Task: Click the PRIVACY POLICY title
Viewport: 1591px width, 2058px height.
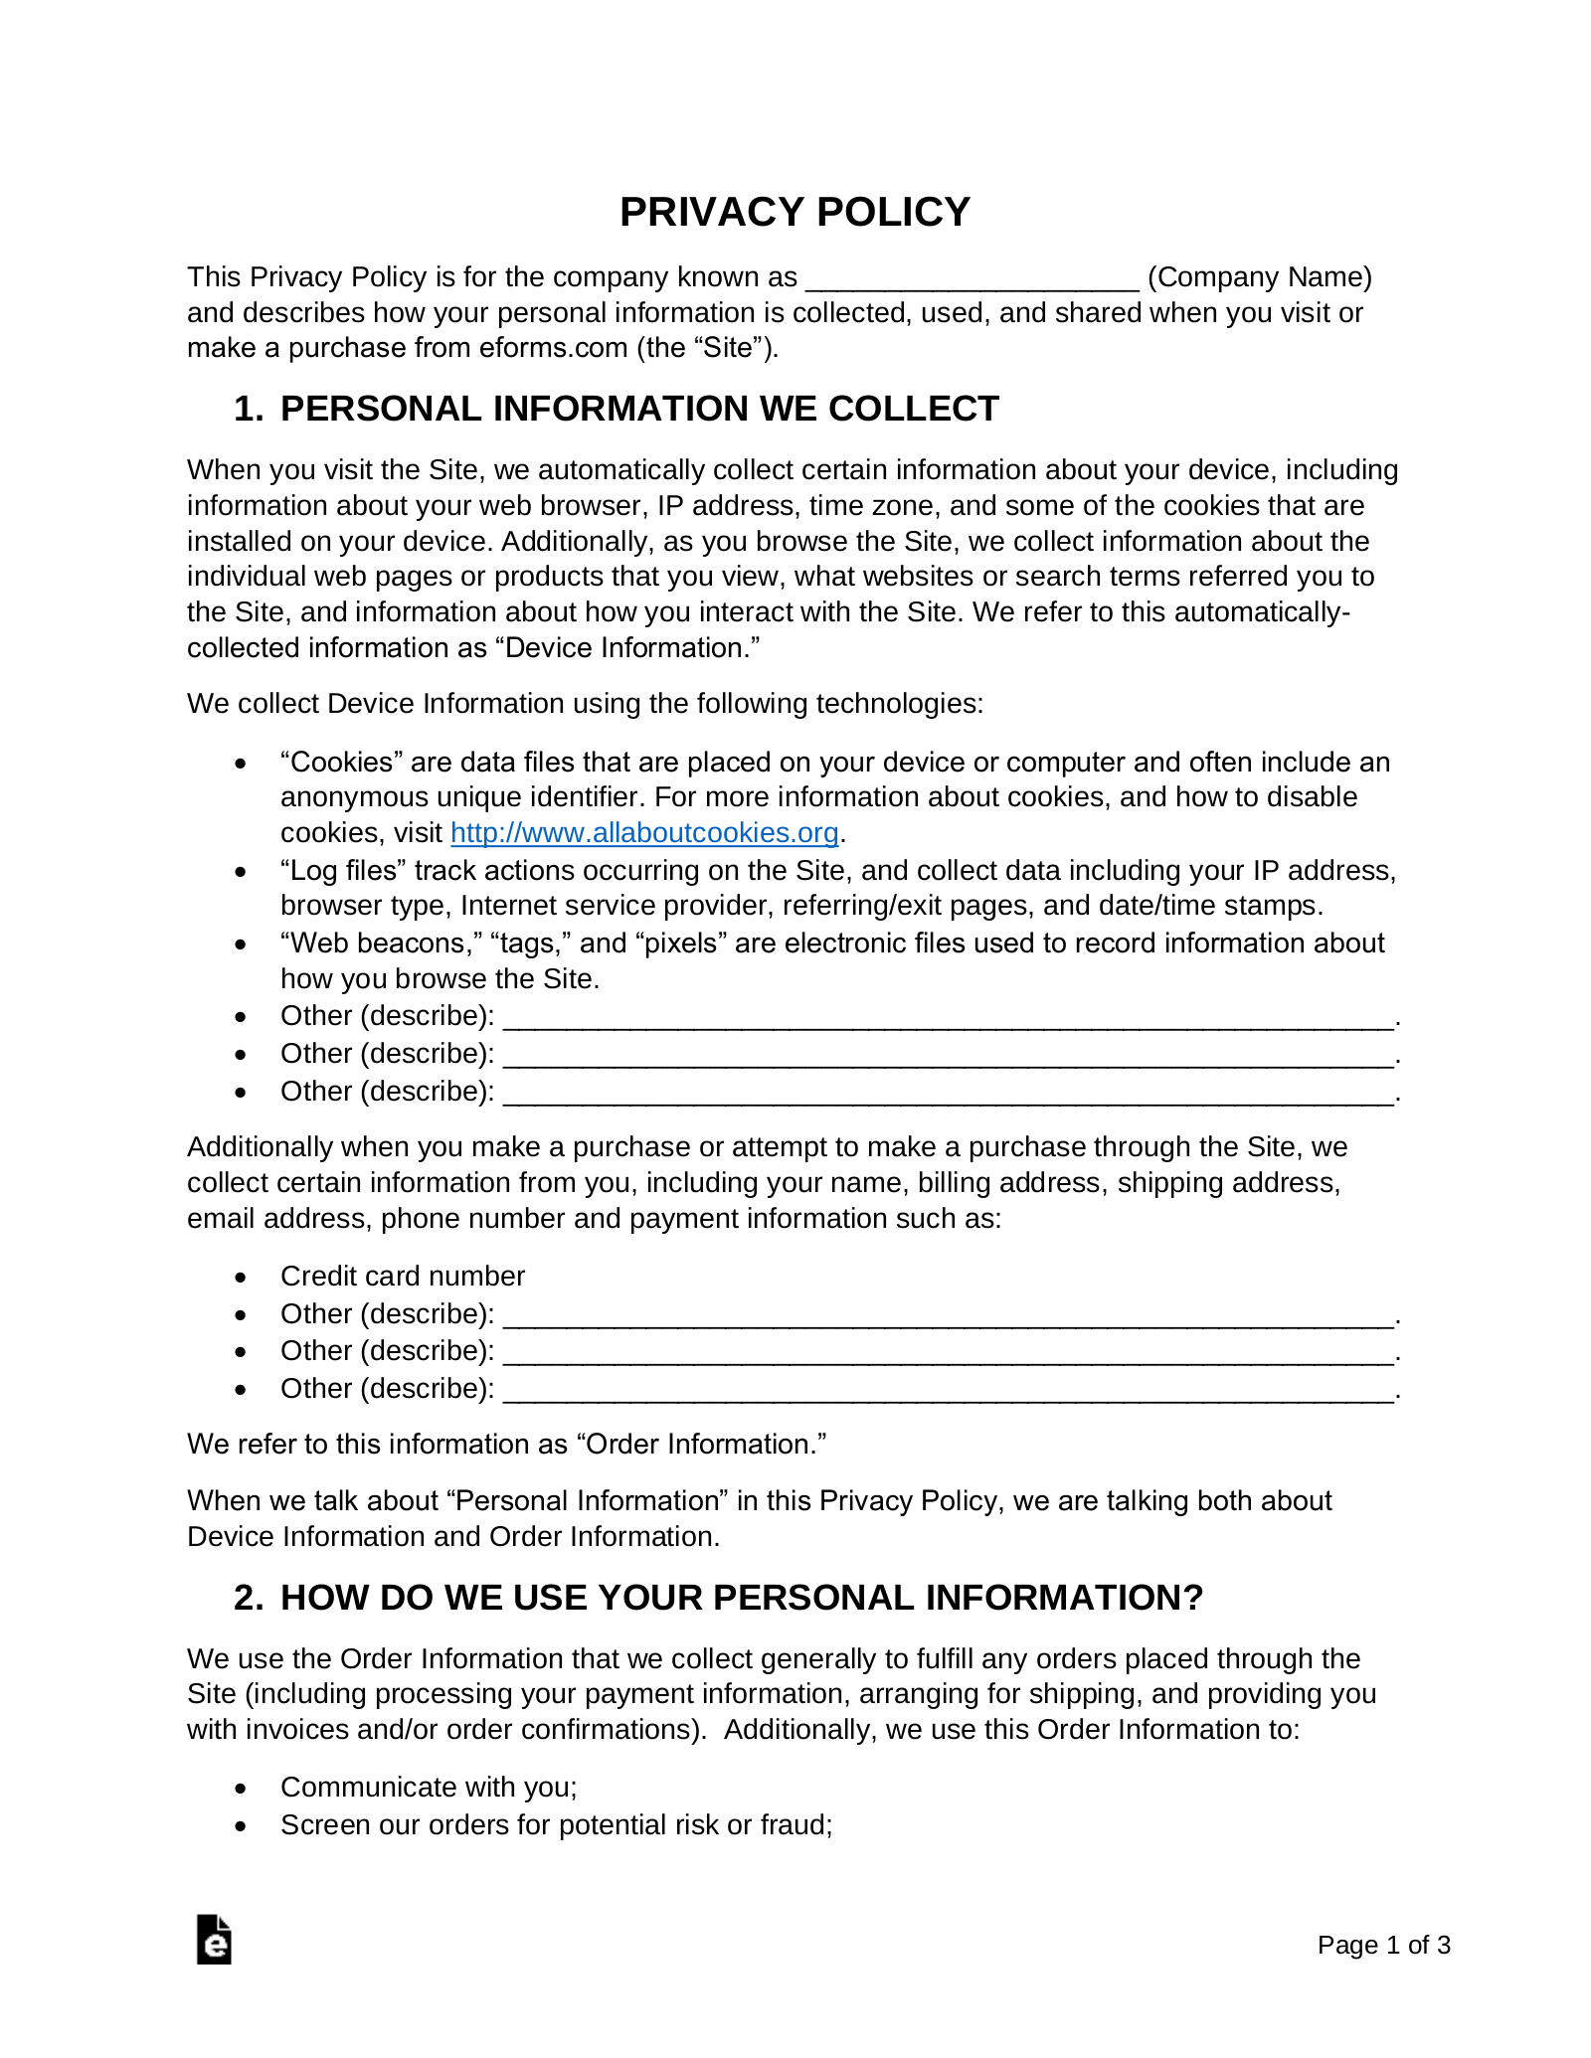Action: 795,212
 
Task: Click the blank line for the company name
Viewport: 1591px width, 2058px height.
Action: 972,278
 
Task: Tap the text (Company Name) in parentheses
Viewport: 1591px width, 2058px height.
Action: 1259,277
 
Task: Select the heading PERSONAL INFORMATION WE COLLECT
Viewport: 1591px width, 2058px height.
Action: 639,409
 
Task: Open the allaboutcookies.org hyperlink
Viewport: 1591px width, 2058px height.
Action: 644,832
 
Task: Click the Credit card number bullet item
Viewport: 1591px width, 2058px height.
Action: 402,1277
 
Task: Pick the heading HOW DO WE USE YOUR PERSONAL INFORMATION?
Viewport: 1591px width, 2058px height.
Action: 742,1598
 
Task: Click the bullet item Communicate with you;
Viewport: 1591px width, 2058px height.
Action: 429,1788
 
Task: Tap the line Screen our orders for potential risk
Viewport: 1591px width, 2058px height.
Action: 556,1825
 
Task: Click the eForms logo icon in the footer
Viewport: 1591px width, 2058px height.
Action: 214,1940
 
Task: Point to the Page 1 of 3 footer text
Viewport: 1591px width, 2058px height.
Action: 1383,1945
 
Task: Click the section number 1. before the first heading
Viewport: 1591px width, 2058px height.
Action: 249,409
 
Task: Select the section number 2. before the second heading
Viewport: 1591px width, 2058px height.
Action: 249,1598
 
